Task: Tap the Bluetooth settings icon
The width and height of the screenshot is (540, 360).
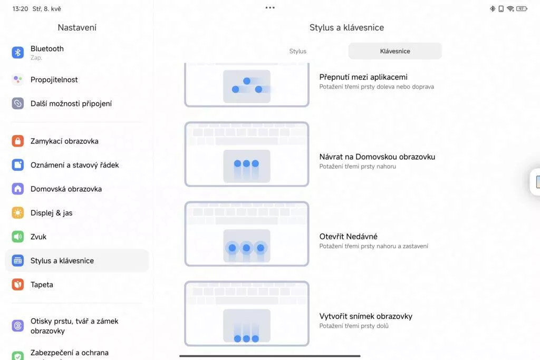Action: [18, 53]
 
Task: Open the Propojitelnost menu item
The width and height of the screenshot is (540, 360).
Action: [54, 80]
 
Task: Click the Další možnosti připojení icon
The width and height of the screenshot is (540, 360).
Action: [18, 103]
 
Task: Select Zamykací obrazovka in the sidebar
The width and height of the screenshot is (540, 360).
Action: [64, 141]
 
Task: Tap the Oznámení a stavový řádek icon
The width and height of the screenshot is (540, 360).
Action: [18, 165]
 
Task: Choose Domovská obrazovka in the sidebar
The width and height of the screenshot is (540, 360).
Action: [66, 189]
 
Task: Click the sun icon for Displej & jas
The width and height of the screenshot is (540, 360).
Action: [18, 213]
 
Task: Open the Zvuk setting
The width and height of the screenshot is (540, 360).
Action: [38, 237]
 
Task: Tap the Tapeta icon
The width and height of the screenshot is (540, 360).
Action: [18, 285]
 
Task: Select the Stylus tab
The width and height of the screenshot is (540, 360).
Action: [297, 51]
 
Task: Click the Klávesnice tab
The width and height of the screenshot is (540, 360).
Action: [395, 51]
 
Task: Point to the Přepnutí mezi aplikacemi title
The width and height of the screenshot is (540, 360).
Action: [363, 77]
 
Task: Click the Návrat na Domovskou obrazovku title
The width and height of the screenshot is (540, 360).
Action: [377, 157]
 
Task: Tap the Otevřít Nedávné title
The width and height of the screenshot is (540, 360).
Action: [348, 237]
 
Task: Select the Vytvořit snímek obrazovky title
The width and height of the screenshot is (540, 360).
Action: [366, 316]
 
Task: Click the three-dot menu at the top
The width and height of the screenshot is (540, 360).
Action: [270, 7]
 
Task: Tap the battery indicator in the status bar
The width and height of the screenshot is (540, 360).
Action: [522, 8]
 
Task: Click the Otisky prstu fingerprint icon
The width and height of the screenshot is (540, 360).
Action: [18, 326]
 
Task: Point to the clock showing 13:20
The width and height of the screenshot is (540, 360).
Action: [20, 9]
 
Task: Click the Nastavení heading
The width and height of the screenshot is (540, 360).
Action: [77, 27]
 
